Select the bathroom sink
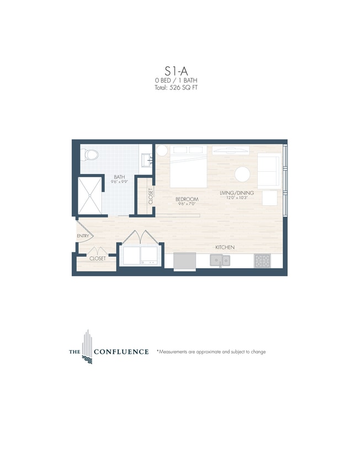tap(146, 160)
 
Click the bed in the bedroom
tap(188, 166)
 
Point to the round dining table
tap(243, 174)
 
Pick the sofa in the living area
tap(269, 171)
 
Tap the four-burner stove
tap(262, 260)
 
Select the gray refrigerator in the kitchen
tap(184, 261)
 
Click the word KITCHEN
tap(225, 247)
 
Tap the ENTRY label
tap(83, 236)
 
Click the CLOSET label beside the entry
tap(98, 258)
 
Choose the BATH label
tap(119, 177)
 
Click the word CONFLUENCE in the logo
tap(121, 352)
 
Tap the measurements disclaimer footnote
tap(211, 352)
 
